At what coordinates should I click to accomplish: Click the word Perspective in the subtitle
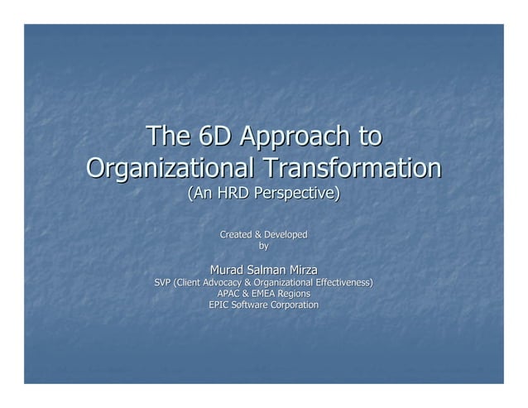coord(299,194)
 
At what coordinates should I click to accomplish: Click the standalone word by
coord(264,246)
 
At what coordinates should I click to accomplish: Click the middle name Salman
coord(269,270)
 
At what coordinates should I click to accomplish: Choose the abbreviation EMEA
coord(266,294)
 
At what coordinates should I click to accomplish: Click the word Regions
coord(295,294)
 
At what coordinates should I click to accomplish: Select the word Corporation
coord(292,305)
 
